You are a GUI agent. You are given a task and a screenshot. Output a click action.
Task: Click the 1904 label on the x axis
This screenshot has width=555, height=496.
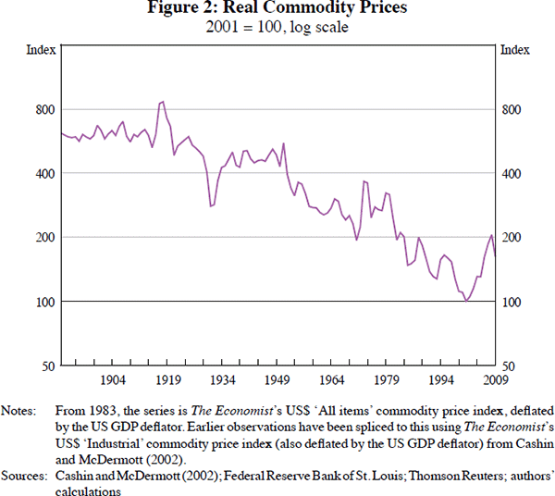(113, 379)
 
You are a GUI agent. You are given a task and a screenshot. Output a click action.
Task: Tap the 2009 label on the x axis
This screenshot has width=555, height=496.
(496, 379)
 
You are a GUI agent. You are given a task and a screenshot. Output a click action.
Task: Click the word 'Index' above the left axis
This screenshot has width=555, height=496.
(40, 50)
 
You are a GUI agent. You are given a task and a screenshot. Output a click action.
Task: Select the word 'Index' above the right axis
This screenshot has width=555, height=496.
(515, 50)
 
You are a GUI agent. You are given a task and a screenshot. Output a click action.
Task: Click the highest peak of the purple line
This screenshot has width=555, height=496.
(163, 101)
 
